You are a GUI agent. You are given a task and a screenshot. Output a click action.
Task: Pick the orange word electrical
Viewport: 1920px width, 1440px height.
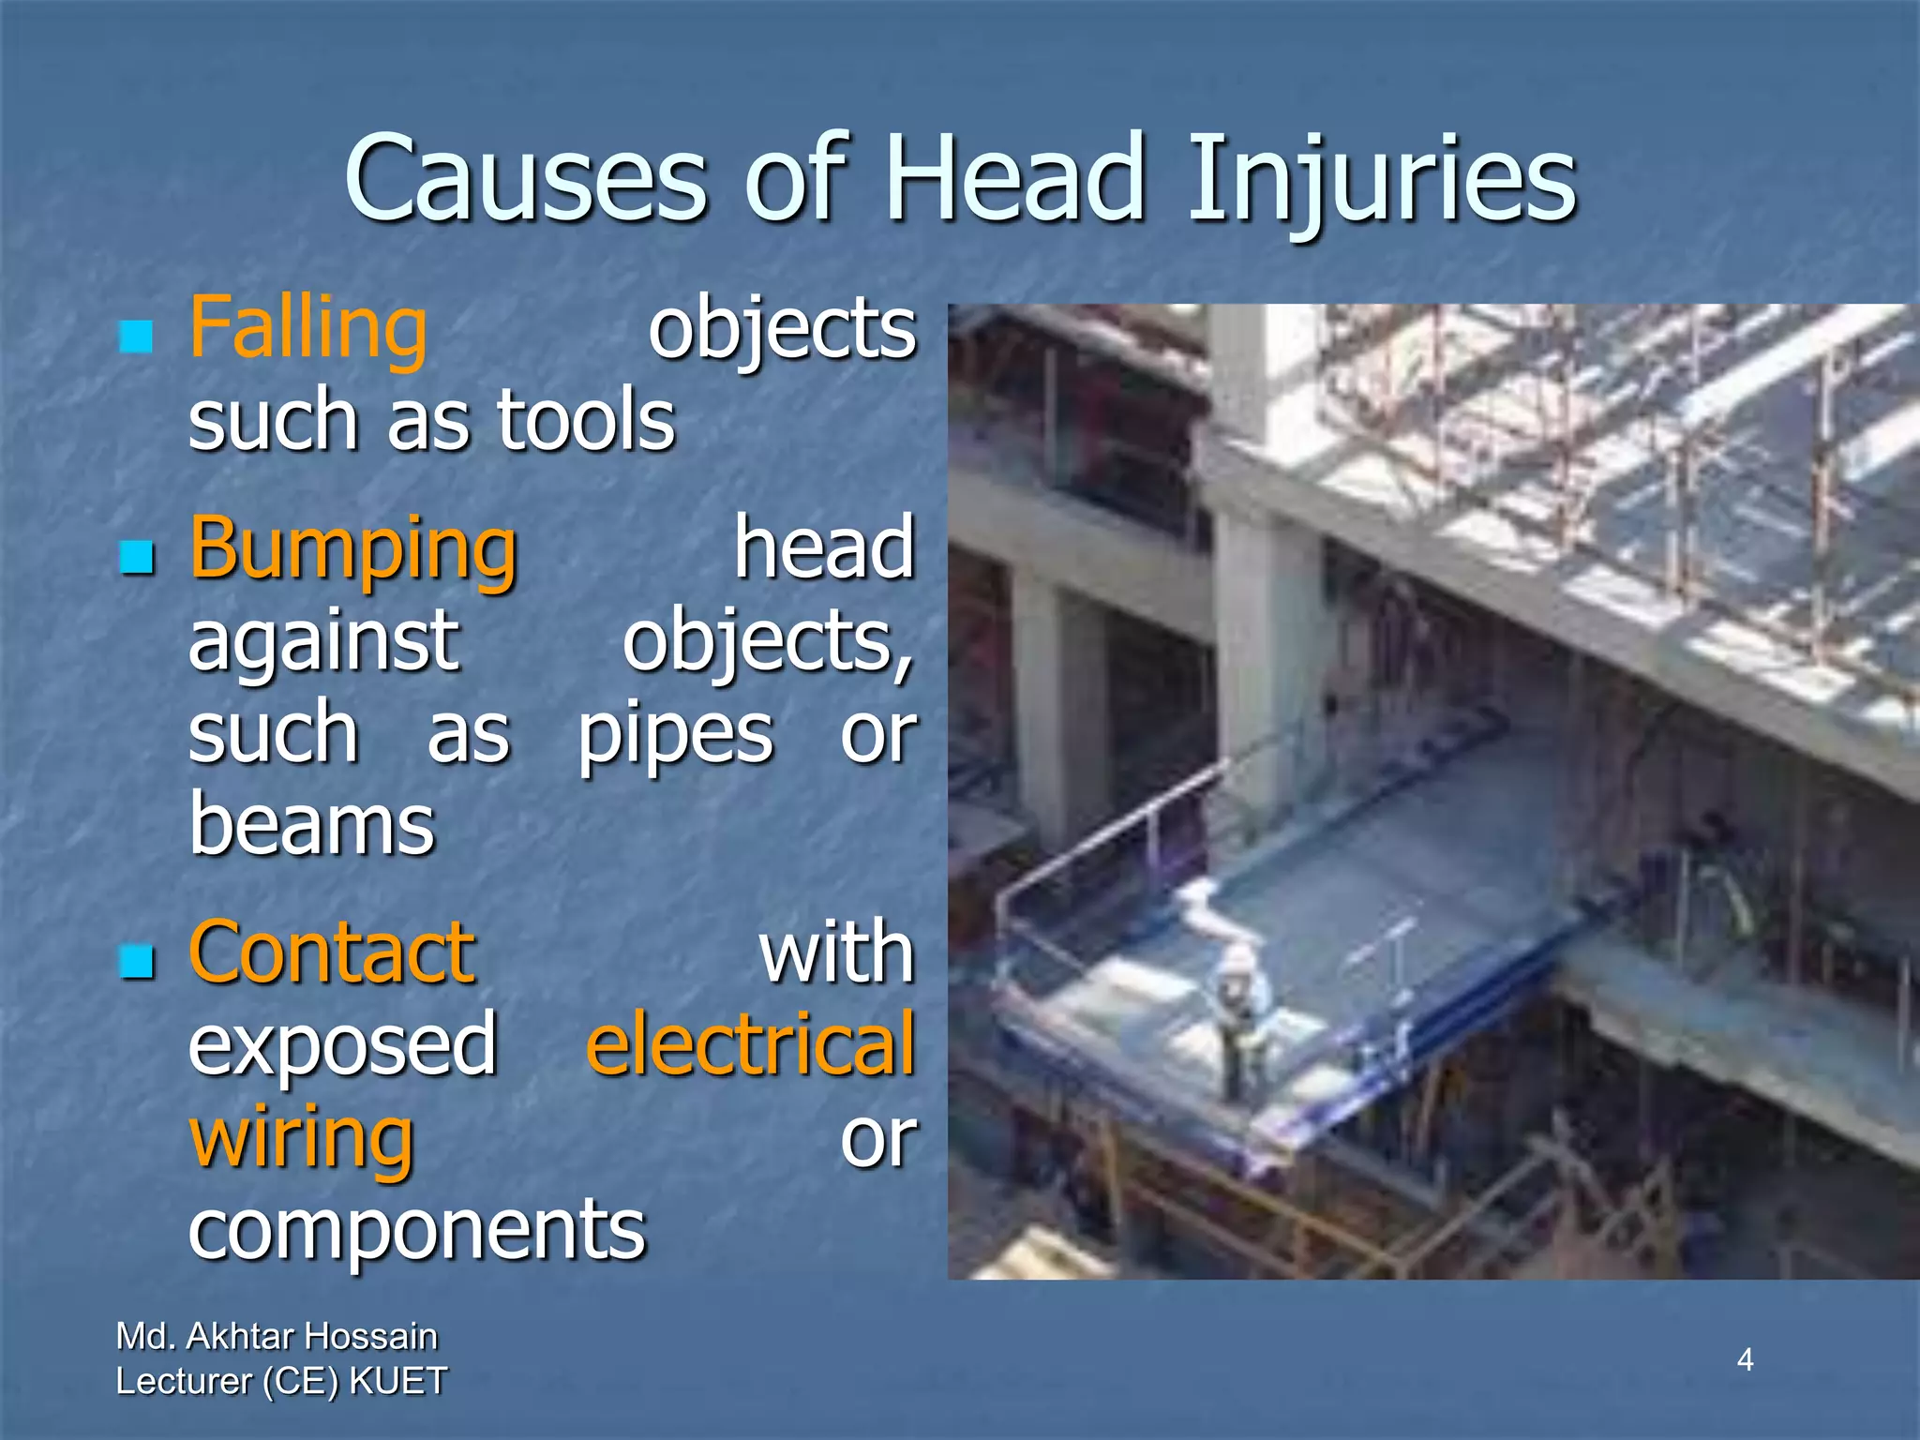750,1044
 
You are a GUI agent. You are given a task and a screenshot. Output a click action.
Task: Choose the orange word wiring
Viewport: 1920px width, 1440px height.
301,1137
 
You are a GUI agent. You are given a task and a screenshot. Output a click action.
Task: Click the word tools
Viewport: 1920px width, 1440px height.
586,420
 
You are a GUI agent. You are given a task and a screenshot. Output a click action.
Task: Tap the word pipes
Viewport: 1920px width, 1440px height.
675,734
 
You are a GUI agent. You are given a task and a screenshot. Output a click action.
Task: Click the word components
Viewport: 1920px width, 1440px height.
417,1228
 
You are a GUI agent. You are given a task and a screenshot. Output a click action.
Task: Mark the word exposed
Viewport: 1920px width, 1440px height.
342,1044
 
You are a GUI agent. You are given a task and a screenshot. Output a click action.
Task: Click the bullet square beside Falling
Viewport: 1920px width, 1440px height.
137,336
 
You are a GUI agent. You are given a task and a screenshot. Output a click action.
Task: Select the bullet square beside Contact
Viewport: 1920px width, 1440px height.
137,961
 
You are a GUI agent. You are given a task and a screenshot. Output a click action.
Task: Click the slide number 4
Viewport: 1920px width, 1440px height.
1745,1358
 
